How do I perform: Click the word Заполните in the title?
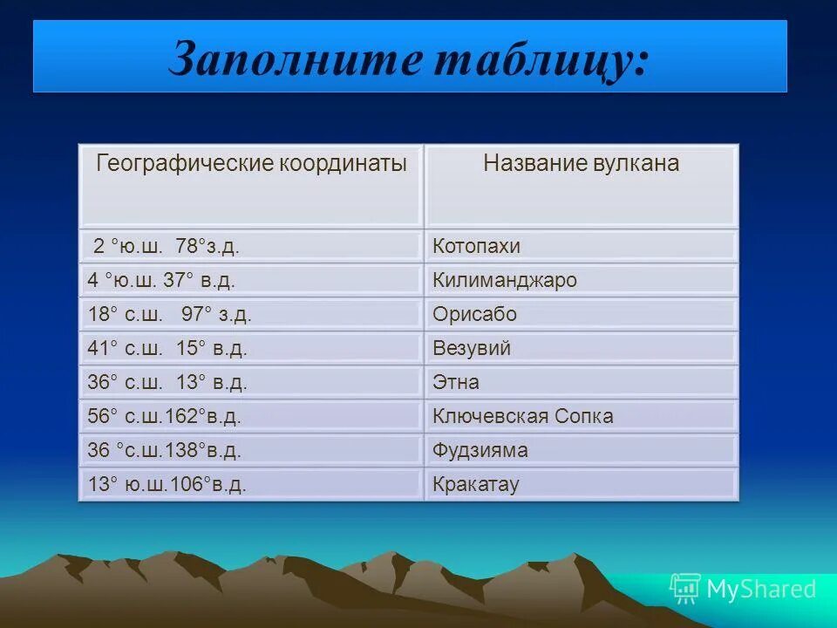tap(296, 61)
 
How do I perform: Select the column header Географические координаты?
tap(251, 164)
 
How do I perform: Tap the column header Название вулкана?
tap(582, 164)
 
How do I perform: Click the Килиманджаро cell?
tap(505, 281)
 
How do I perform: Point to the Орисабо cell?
tap(475, 315)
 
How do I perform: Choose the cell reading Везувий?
tap(472, 349)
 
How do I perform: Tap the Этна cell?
tap(456, 382)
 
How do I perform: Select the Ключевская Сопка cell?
tap(523, 416)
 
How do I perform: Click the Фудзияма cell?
tap(480, 450)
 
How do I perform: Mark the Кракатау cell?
tap(476, 484)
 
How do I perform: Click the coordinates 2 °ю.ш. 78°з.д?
tap(167, 247)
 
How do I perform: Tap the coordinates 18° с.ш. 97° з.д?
tap(169, 315)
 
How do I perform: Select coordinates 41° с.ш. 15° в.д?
tap(167, 349)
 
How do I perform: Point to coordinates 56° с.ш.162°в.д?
tap(164, 416)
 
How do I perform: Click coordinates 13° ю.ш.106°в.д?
tap(167, 484)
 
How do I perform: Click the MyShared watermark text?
tap(761, 589)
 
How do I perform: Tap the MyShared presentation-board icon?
tap(685, 589)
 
